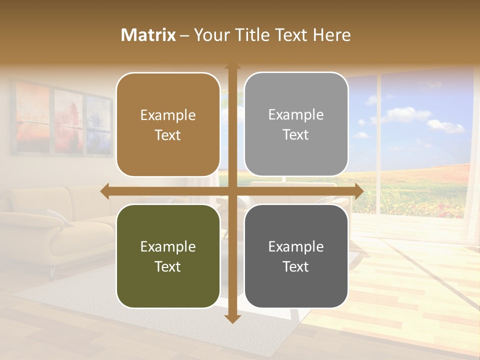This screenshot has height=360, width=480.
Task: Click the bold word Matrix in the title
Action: pos(148,35)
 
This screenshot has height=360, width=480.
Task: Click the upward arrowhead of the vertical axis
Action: pos(232,66)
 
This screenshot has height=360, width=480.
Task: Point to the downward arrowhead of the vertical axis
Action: pos(232,318)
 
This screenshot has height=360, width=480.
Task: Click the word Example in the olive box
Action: pos(168,246)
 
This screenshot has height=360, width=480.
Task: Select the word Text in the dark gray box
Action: pos(296,266)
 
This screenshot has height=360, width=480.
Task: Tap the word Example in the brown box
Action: pos(168,115)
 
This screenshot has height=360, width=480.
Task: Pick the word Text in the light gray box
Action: pos(296,134)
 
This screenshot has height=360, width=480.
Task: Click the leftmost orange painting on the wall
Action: pos(33,117)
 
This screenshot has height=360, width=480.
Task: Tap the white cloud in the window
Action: pos(407,114)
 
